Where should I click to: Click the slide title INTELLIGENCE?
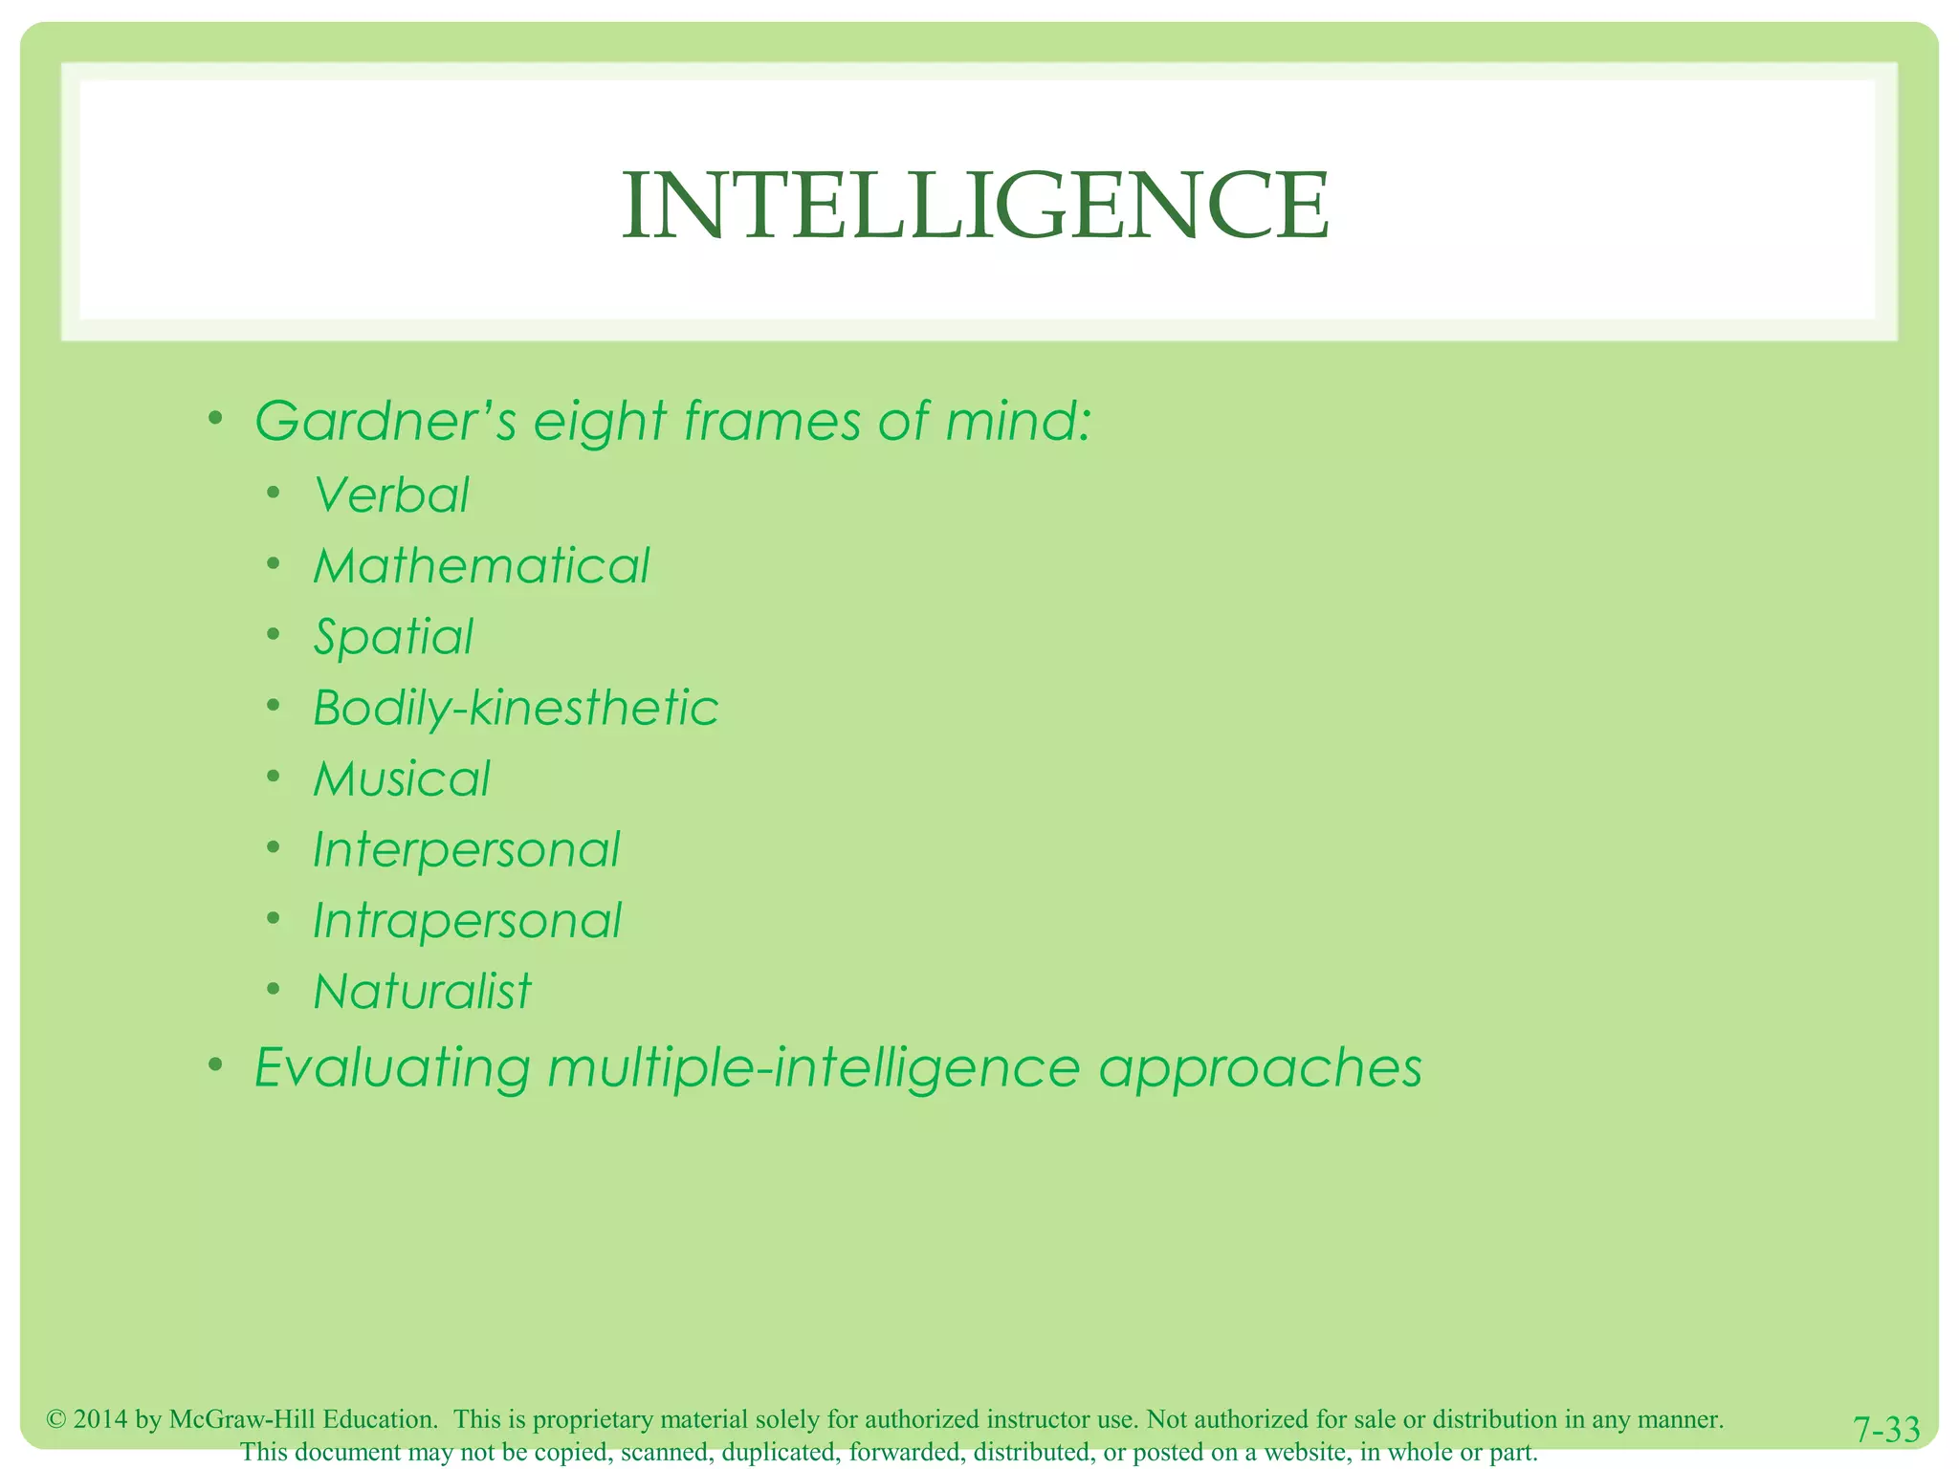975,206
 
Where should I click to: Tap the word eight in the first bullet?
599,423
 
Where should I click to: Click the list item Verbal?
391,495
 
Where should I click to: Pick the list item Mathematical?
481,566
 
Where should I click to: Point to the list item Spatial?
393,638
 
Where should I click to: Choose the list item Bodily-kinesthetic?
516,709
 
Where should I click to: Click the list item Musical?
402,779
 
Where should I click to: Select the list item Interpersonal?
467,850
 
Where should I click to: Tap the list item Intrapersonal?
468,921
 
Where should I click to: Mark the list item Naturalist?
422,992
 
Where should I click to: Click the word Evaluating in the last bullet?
392,1068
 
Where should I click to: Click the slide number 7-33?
1886,1430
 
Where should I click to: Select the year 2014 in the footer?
100,1419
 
